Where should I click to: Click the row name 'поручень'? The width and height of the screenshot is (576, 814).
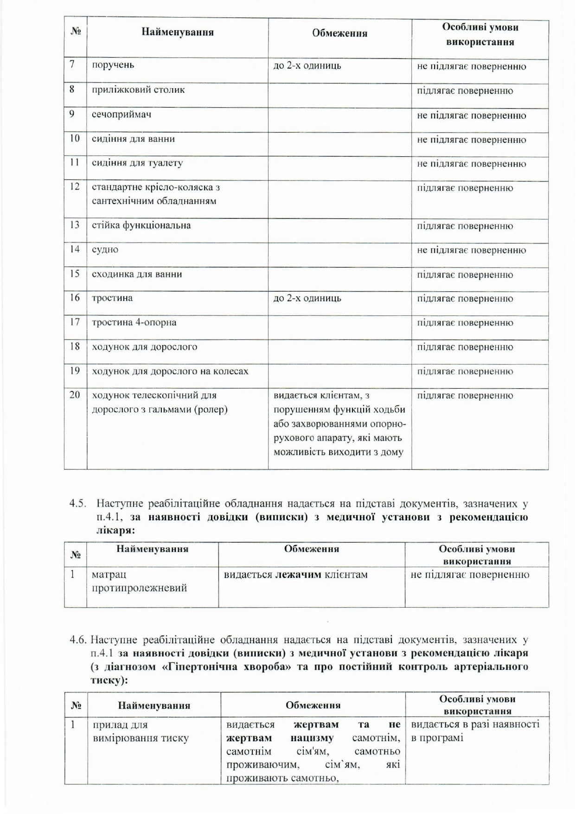pos(113,65)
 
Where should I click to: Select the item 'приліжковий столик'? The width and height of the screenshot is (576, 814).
pos(138,90)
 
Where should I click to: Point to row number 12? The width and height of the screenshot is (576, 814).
pos(75,187)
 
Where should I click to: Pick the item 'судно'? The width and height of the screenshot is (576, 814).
pos(105,250)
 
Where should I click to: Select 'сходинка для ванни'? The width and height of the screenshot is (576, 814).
pos(137,274)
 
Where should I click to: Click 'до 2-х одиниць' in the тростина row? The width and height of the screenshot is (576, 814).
pos(307,298)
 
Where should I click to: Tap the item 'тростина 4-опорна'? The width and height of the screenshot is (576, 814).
pos(134,322)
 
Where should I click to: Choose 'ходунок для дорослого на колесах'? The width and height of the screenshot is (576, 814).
pos(170,371)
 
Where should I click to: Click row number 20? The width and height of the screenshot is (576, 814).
pos(75,395)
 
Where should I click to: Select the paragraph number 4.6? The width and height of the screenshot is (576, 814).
pos(78,641)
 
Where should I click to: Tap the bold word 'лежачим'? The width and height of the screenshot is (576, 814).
pos(298,575)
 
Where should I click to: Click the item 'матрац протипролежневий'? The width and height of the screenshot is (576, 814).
pos(139,582)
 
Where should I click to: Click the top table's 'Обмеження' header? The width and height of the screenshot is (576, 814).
pos(339,33)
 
